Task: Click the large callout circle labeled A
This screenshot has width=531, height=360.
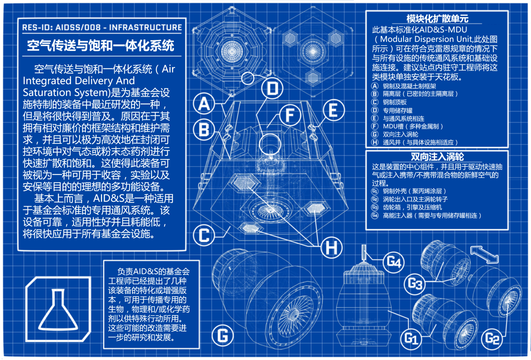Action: pyautogui.click(x=204, y=104)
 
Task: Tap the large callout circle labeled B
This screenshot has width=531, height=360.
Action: pyautogui.click(x=204, y=130)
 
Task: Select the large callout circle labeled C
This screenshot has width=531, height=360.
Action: pyautogui.click(x=204, y=235)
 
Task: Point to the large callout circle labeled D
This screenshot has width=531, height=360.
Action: pyautogui.click(x=272, y=88)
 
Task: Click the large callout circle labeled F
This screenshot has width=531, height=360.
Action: pyautogui.click(x=290, y=115)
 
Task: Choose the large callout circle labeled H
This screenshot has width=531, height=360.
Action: pyautogui.click(x=331, y=248)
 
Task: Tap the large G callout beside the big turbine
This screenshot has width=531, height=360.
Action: pyautogui.click(x=222, y=335)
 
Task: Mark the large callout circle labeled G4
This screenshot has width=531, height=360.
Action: pyautogui.click(x=394, y=262)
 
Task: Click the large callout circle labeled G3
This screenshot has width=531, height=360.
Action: pyautogui.click(x=415, y=284)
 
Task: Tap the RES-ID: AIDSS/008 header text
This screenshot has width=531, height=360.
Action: pyautogui.click(x=102, y=28)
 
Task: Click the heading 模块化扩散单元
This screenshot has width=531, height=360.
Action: pyautogui.click(x=437, y=19)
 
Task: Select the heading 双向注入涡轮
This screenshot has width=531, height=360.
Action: pyautogui.click(x=437, y=157)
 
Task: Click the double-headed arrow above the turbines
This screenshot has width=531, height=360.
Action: pyautogui.click(x=484, y=254)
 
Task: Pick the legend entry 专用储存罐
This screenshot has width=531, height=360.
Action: pyautogui.click(x=397, y=110)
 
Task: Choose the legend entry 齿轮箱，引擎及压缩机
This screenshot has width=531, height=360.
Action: pyautogui.click(x=412, y=207)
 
